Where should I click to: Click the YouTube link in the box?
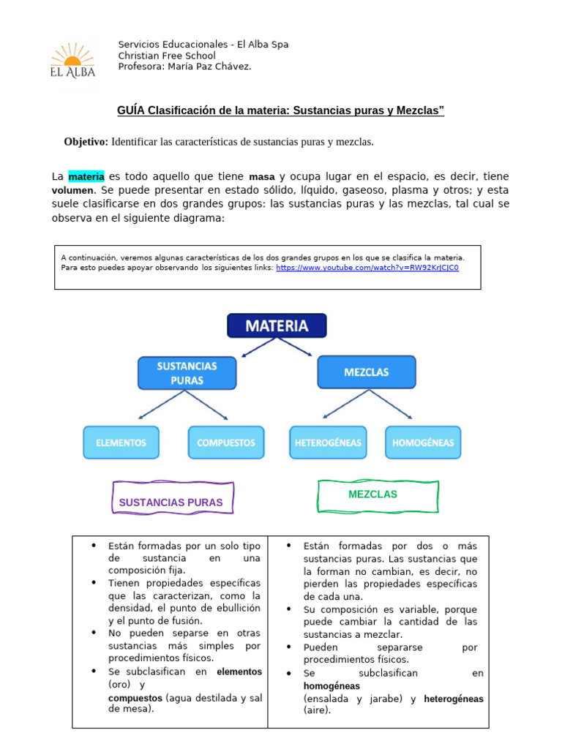point(367,268)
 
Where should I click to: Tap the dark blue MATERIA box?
point(277,325)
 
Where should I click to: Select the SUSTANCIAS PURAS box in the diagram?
point(187,372)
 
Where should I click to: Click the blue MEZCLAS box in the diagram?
point(366,372)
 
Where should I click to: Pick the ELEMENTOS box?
point(120,442)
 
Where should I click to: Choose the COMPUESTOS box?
point(226,442)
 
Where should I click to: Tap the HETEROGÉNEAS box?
point(328,442)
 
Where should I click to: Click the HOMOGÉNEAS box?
point(423,442)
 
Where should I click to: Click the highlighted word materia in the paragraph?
point(86,176)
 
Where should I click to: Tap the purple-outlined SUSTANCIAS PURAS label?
point(171,502)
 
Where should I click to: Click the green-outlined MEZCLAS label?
point(372,494)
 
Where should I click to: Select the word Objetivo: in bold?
point(86,142)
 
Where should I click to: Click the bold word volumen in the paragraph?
point(72,190)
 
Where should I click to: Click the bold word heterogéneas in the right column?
point(453,699)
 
